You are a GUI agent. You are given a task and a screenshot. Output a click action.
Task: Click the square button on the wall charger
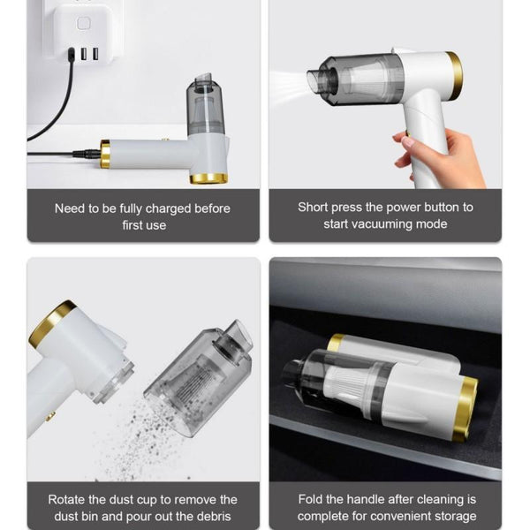(x=83, y=23)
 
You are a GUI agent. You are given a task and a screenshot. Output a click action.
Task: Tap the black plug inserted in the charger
(x=72, y=55)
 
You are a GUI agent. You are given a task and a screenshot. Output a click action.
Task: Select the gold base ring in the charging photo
(x=208, y=178)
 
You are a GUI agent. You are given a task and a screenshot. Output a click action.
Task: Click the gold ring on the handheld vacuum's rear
(x=454, y=76)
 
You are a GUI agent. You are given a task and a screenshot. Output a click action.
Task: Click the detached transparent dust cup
(x=199, y=379)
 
